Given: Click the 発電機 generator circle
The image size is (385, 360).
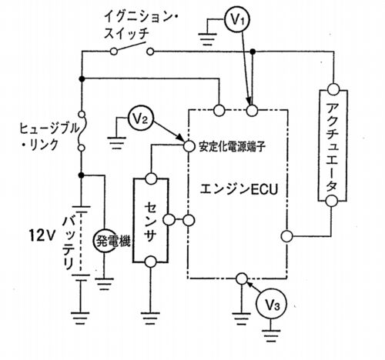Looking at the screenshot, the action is click(105, 241).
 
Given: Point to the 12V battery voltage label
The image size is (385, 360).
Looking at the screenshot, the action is click(42, 235).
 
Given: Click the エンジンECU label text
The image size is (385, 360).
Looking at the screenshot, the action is click(239, 190).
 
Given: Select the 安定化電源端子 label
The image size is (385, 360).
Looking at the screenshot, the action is click(233, 147).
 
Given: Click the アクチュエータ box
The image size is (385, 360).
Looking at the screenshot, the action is click(333, 145).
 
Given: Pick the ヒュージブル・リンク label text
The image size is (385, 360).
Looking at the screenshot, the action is click(49, 136).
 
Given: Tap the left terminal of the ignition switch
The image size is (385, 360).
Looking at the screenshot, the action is click(114, 52).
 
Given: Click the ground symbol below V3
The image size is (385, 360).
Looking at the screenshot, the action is click(271, 335).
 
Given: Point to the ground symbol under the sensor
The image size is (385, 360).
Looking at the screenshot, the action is click(150, 318).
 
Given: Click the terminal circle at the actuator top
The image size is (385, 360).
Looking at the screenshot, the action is click(333, 89).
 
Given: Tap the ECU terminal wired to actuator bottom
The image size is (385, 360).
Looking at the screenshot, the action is click(286, 236).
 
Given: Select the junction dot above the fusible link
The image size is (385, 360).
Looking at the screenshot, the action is click(82, 79).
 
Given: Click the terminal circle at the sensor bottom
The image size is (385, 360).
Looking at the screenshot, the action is click(150, 262).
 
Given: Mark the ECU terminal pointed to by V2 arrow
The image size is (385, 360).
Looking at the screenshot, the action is click(189, 146).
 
